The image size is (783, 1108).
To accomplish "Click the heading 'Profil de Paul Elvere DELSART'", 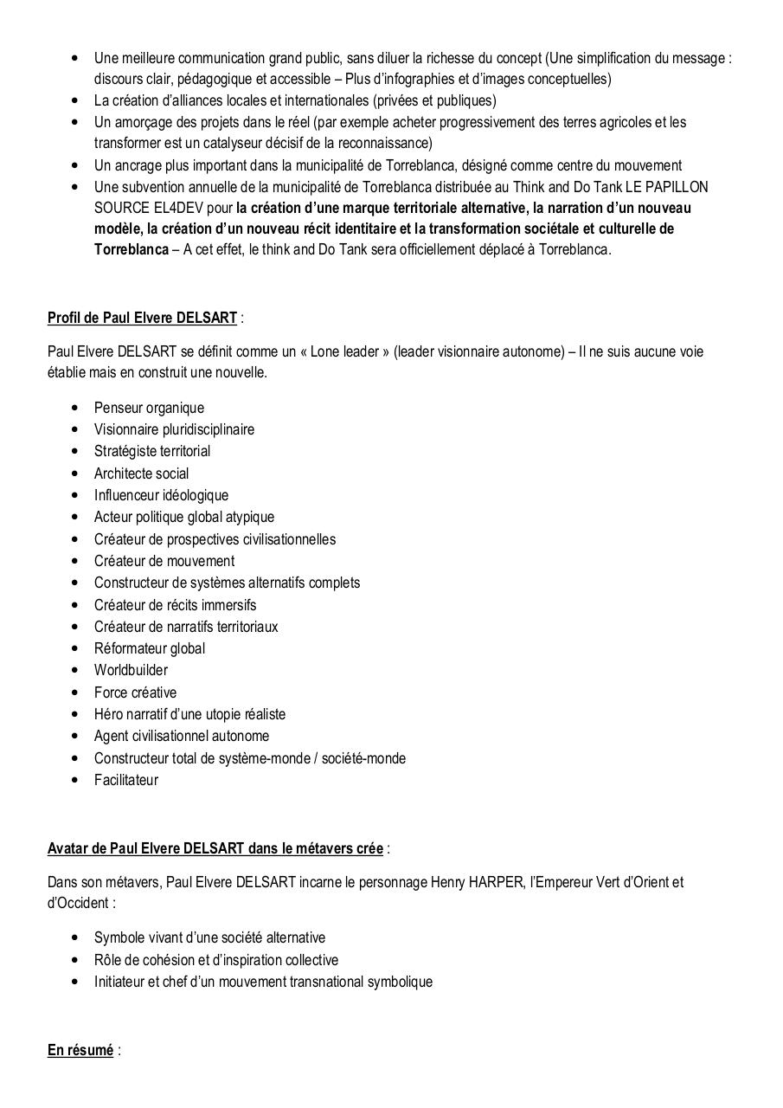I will click(x=142, y=318).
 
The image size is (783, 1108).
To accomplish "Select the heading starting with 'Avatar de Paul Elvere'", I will click(x=215, y=848).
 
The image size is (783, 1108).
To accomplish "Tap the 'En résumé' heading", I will click(x=80, y=1050).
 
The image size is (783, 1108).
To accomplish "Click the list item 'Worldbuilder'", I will click(x=131, y=670).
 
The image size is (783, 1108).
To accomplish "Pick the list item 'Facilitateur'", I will click(x=126, y=780).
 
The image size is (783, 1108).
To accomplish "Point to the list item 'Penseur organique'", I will click(x=149, y=408).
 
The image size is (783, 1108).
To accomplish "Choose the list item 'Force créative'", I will click(x=135, y=692).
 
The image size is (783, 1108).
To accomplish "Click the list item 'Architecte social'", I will click(x=141, y=473).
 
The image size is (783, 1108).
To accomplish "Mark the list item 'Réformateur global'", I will click(x=150, y=648).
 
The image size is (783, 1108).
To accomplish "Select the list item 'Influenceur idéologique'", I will click(x=161, y=495).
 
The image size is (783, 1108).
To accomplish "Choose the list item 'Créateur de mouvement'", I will click(x=164, y=561).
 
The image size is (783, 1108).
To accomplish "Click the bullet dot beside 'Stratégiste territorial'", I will click(x=74, y=452).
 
